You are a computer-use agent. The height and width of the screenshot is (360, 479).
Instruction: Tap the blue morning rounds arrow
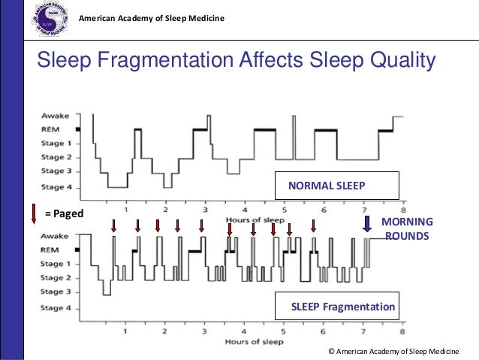click(x=367, y=225)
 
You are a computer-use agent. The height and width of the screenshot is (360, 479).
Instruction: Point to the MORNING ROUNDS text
click(x=408, y=228)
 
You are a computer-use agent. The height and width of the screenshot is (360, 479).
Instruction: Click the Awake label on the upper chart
click(x=56, y=116)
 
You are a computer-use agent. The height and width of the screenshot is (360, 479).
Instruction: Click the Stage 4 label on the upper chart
click(x=57, y=186)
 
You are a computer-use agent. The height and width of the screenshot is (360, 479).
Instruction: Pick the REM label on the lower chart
click(x=50, y=250)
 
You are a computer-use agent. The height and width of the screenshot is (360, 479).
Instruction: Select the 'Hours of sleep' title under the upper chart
click(x=255, y=219)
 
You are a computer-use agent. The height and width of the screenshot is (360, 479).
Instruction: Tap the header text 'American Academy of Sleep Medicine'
click(x=151, y=17)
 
